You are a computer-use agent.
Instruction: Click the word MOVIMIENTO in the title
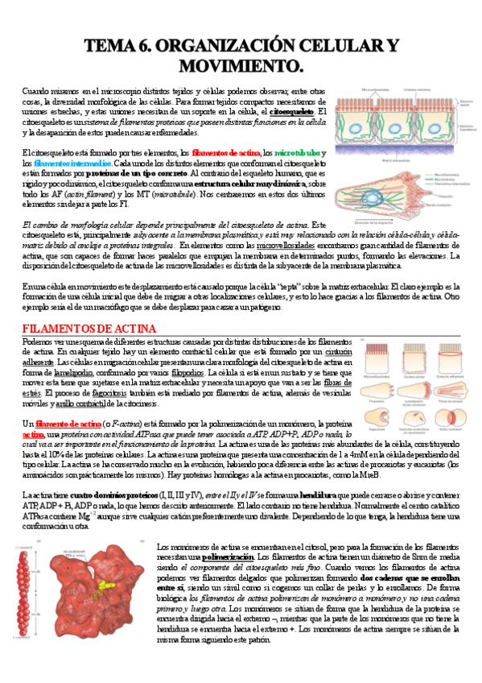pos(241,64)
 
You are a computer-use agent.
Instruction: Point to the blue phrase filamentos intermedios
pos(61,162)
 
